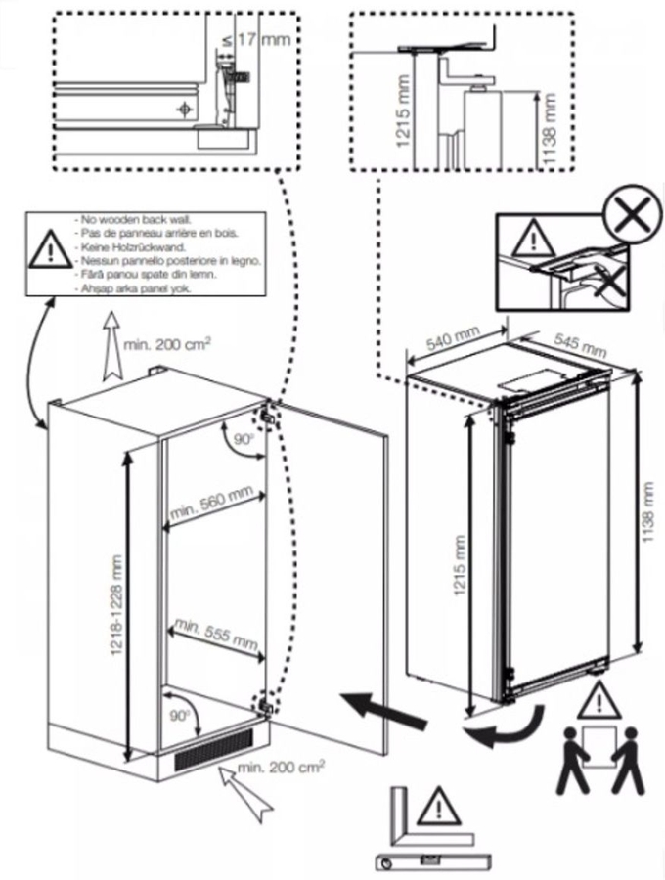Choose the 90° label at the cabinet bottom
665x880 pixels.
[x=180, y=715]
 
